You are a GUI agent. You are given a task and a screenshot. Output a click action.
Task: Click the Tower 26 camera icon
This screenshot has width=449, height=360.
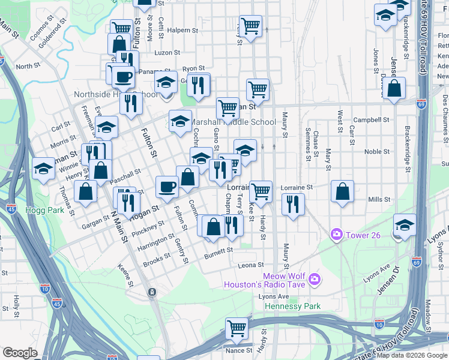337,233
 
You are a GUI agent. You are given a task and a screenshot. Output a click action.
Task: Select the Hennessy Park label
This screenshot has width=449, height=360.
293,306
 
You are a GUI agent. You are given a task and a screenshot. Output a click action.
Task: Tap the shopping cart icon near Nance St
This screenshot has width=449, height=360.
237,328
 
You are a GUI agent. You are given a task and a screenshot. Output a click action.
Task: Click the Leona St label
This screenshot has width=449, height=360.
252,265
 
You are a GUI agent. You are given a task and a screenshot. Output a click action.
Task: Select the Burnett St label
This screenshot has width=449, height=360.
218,253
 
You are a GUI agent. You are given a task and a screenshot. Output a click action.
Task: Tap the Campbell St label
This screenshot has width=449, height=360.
371,120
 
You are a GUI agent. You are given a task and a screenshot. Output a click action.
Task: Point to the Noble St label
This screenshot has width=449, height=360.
376,152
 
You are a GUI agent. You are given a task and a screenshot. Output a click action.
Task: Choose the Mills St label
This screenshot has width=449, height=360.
379,199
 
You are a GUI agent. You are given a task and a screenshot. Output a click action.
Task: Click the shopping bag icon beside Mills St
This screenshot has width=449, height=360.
342,191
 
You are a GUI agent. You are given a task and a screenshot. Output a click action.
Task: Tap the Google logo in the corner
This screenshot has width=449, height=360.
20,353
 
